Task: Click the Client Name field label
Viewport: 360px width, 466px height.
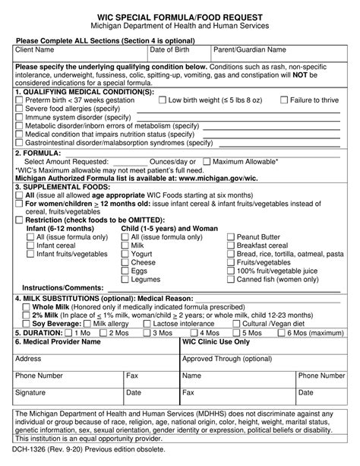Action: click(35, 50)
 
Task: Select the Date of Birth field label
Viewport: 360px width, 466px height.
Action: click(172, 50)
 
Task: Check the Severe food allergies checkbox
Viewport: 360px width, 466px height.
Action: click(19, 109)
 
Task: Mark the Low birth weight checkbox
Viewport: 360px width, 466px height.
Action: click(162, 100)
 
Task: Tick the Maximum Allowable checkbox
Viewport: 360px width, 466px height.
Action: click(207, 162)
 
